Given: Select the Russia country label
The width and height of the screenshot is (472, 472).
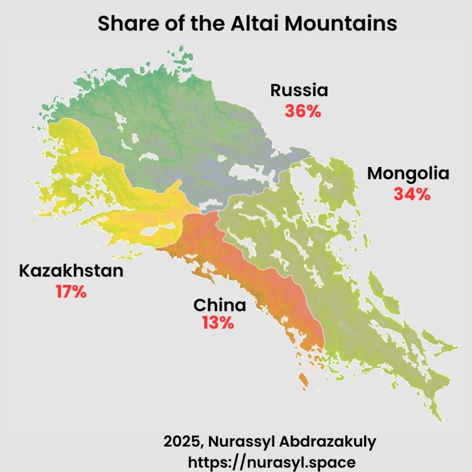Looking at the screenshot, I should tap(299, 90).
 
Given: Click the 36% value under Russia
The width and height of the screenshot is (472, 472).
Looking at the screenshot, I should tap(303, 111).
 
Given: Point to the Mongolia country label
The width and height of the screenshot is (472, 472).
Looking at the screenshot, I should tap(408, 174).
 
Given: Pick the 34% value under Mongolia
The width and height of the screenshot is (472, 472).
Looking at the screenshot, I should tap(412, 194).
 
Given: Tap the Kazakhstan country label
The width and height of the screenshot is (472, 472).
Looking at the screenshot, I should tap(71, 271).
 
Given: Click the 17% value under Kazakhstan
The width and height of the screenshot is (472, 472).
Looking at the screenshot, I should tap(71, 291).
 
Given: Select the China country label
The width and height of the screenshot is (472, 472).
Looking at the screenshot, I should tap(219, 306).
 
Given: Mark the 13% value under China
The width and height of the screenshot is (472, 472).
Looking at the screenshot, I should tap(218, 323).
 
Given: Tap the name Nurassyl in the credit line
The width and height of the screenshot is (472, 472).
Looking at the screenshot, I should tap(241, 441).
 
